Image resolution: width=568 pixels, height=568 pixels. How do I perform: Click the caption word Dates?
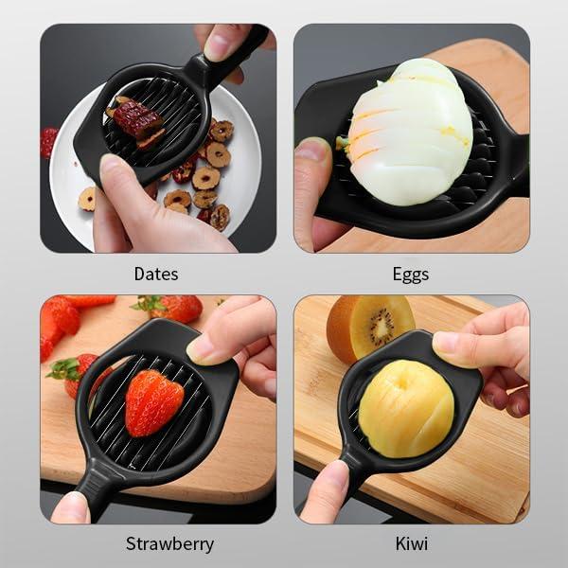point(156,275)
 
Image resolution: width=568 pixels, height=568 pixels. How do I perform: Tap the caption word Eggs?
point(410,275)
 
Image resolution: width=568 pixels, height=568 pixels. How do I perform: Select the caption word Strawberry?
point(169,544)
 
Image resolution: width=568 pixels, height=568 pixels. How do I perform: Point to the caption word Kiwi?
point(411,544)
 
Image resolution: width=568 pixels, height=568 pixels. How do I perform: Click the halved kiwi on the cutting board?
point(369,328)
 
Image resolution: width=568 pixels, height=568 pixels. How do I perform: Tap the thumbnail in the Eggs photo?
point(310,151)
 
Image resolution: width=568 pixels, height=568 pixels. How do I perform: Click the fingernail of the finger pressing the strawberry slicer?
point(204,348)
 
